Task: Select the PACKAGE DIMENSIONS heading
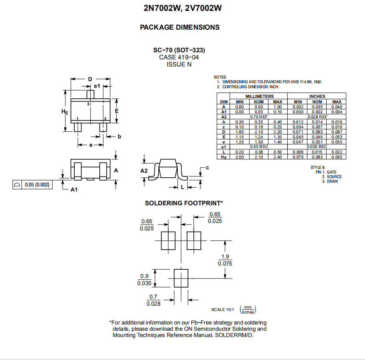[x=180, y=27]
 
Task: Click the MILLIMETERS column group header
[x=259, y=96]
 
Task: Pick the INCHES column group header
[x=317, y=96]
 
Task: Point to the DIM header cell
[x=224, y=102]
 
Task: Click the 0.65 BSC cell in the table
[x=259, y=147]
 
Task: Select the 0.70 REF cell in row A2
[x=259, y=117]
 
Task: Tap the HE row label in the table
[x=224, y=157]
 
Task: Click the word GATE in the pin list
[x=332, y=172]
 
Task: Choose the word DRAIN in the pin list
[x=332, y=181]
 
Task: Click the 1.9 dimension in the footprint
[x=225, y=256]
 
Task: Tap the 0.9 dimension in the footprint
[x=144, y=276]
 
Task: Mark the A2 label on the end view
[x=144, y=171]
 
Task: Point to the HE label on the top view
[x=65, y=112]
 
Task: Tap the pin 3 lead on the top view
[x=91, y=93]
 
